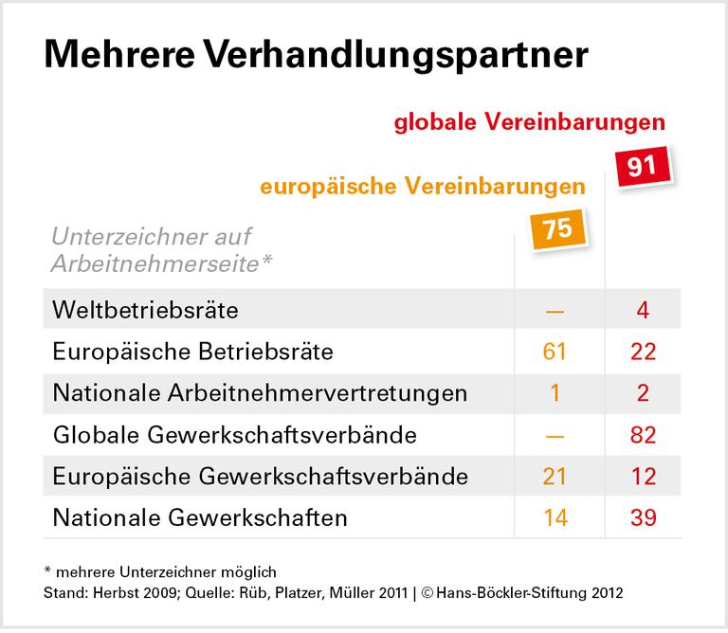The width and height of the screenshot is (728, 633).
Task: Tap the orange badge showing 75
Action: coord(555,229)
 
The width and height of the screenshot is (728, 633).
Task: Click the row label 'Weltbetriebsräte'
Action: coord(146,310)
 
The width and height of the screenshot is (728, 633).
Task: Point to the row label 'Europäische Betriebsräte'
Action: coord(192,352)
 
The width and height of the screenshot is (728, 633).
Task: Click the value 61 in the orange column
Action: coord(555,352)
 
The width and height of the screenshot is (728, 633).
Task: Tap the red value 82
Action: coord(644,435)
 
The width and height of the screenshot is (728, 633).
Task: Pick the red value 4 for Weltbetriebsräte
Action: coord(644,310)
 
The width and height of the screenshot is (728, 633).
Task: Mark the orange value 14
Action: coord(555,517)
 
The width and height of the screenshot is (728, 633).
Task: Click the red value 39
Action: coord(644,517)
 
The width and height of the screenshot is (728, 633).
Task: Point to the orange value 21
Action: coord(555,477)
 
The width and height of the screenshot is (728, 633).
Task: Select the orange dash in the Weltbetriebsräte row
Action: coord(555,311)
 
